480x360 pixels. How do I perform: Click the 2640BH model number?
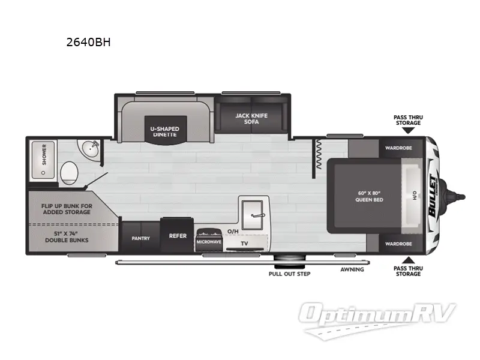[x=88, y=42]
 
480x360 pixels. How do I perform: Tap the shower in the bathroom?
[x=43, y=160]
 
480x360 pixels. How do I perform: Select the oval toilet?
[x=69, y=173]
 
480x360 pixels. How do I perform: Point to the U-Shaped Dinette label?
[x=164, y=131]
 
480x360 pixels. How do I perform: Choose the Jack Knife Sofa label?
[x=251, y=118]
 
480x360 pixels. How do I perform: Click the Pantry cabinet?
[x=141, y=237]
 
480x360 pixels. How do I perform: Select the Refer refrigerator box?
[x=177, y=235]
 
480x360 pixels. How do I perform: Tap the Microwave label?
[x=209, y=242]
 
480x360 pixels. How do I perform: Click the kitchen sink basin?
[x=253, y=215]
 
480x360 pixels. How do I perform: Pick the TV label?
[x=244, y=244]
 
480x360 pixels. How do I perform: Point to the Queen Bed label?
[x=369, y=197]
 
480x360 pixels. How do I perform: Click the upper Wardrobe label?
[x=398, y=148]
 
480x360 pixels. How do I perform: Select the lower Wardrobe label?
[x=398, y=244]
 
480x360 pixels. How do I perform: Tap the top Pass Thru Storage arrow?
[x=408, y=130]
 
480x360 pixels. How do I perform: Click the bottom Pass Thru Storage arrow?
[x=408, y=260]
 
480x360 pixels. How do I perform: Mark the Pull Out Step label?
[x=290, y=274]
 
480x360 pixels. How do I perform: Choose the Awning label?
[x=352, y=269]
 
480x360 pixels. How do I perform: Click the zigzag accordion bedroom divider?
[x=319, y=155]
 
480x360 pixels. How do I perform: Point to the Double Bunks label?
[x=67, y=237]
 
